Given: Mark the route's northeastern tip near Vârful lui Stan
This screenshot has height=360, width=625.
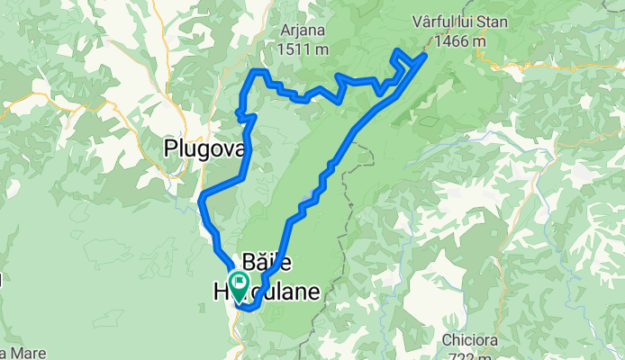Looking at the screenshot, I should point(423,56).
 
